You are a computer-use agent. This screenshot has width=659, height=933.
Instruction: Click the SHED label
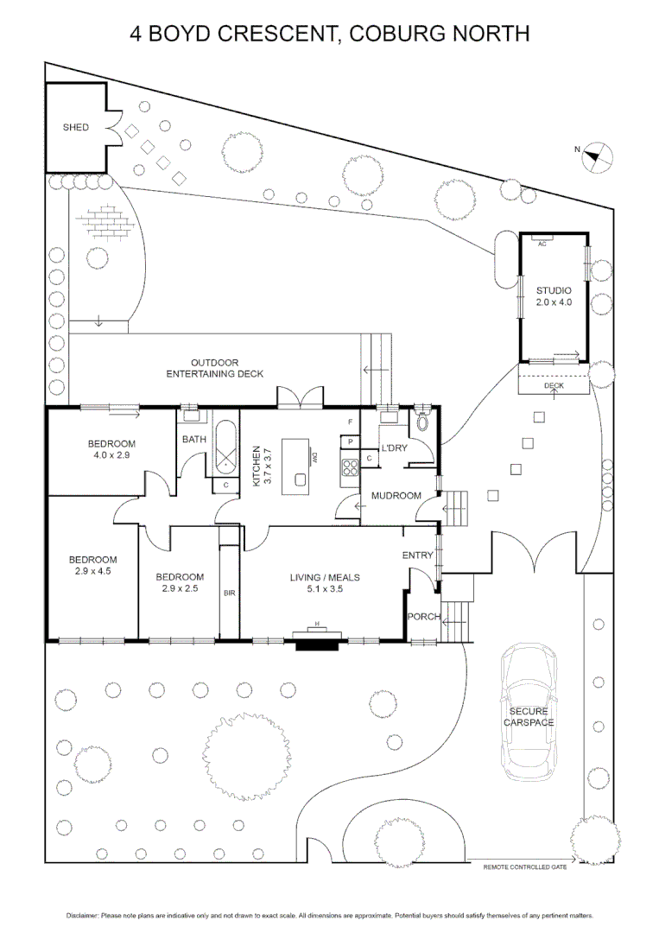pos(75,128)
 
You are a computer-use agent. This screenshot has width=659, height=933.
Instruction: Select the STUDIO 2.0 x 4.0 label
pos(554,296)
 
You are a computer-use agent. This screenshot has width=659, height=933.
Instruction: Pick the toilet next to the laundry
pos(423,422)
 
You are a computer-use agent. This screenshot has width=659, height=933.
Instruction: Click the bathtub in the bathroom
pos(226,447)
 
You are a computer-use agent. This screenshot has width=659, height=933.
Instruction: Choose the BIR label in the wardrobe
pos(229,593)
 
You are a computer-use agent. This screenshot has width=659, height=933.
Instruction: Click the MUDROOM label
pos(396,496)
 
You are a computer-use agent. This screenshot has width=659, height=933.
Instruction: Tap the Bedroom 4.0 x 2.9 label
pos(111,449)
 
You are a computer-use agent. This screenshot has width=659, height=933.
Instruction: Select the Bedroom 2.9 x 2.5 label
pos(180,583)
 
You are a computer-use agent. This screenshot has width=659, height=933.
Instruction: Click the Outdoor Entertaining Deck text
pos(215,368)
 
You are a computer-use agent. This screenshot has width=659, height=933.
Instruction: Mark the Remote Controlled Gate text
pos(525,866)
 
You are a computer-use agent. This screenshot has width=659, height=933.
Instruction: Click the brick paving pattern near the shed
pos(106,224)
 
